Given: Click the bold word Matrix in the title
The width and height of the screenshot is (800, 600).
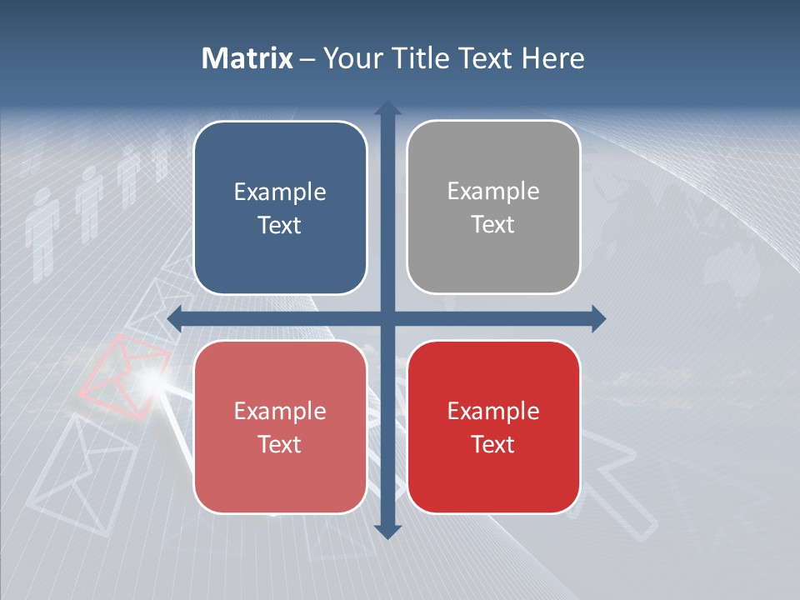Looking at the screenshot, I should pos(247,58).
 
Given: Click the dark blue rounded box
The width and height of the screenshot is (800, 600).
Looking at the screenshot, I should pos(280,207).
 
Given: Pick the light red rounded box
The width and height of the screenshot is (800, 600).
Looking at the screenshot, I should pos(280,427).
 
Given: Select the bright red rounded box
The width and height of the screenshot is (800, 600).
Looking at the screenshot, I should pos(493,427).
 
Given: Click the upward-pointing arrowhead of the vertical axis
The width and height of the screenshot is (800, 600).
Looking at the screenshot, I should pos(387,108).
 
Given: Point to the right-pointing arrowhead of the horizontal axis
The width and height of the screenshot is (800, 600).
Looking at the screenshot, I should pos(597,318).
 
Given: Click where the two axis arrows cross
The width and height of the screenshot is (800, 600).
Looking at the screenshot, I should pos(387,318).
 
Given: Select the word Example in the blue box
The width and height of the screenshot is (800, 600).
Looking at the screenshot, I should pos(280,192).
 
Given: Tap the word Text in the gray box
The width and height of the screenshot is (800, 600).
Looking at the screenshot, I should pos(493,224).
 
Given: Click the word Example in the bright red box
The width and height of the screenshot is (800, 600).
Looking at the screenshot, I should pos(493,411).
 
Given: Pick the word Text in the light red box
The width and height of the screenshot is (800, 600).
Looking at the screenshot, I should pos(280,444).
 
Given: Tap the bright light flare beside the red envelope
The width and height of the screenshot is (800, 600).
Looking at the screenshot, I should pos(150,382).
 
